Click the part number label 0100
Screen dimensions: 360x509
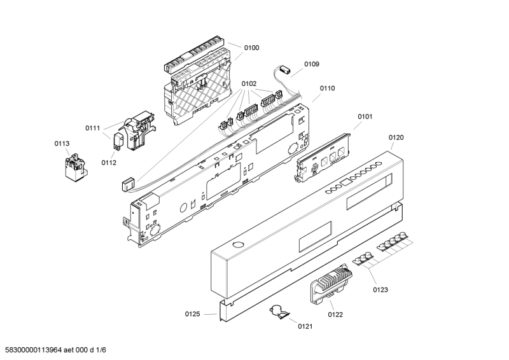point(252,48)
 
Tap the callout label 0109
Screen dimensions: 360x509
point(311,64)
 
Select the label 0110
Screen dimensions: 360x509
point(327,88)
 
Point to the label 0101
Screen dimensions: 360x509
point(365,116)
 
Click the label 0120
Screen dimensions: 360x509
point(396,137)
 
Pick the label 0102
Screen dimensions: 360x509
point(249,83)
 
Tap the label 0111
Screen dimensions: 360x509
point(92,128)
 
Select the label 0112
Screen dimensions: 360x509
point(109,162)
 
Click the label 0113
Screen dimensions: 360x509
point(62,144)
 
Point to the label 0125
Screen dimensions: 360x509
point(192,314)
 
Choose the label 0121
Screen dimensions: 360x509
point(305,326)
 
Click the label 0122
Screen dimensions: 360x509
point(335,314)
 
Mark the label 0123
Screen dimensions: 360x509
point(380,289)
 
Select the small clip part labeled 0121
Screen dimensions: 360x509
point(278,312)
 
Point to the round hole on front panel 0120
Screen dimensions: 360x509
point(237,245)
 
